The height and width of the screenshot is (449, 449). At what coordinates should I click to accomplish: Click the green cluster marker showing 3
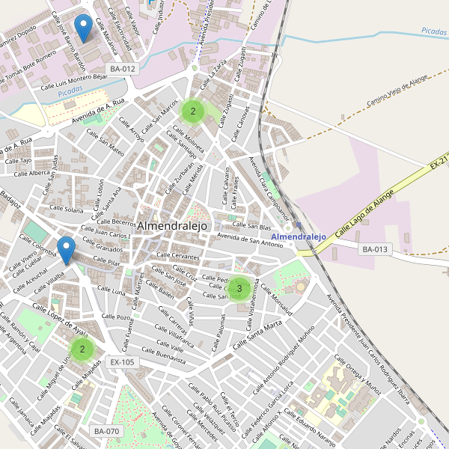click(x=239, y=288)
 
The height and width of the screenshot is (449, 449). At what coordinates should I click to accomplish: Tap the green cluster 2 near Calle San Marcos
click(x=193, y=112)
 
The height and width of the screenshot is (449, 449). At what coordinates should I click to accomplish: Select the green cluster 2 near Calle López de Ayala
click(x=82, y=349)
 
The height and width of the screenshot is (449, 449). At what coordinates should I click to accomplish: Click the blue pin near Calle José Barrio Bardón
click(x=85, y=28)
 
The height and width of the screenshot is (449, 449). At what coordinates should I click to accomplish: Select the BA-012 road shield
click(x=123, y=69)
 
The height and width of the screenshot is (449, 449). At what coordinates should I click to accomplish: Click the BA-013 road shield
click(x=376, y=249)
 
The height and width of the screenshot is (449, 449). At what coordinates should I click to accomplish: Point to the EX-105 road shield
click(x=122, y=362)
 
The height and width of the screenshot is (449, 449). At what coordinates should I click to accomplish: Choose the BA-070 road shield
click(x=106, y=431)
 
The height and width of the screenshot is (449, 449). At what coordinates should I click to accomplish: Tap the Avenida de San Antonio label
click(x=250, y=241)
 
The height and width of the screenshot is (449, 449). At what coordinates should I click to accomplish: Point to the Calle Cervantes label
click(x=178, y=256)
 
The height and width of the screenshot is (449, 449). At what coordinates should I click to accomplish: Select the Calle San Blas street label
click(x=251, y=226)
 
